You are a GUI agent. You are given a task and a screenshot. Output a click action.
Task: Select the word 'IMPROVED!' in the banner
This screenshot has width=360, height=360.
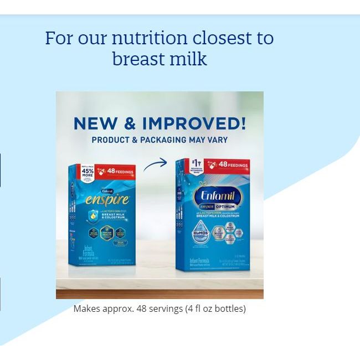point(194,124)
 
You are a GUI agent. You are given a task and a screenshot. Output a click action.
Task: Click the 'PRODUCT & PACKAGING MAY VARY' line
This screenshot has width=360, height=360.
point(160,140)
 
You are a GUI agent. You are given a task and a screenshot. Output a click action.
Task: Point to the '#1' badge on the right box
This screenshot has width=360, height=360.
point(194,164)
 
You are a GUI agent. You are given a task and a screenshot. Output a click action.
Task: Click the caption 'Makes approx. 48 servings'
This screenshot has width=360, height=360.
point(128,309)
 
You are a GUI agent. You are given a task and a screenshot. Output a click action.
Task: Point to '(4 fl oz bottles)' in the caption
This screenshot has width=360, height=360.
point(215,309)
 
